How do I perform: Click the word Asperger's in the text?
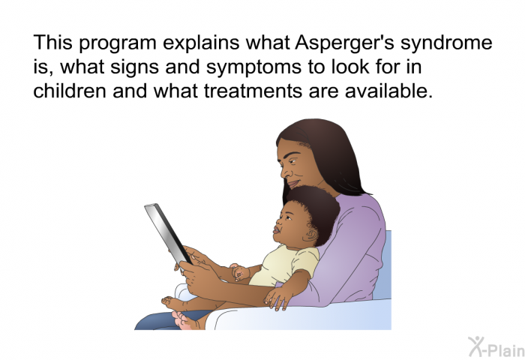pos(345,43)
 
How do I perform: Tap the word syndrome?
pos(446,43)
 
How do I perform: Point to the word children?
pos(70,91)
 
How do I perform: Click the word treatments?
pos(253,91)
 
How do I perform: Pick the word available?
pos(388,91)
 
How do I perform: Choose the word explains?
pos(201,43)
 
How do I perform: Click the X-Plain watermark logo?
pos(496,347)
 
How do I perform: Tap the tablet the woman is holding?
pos(168,233)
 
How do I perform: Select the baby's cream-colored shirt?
pos(284,265)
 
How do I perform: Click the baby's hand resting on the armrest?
pos(277,298)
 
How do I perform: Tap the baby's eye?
pos(289,217)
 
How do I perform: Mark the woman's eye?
pos(293,160)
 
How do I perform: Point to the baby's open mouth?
pos(277,230)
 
